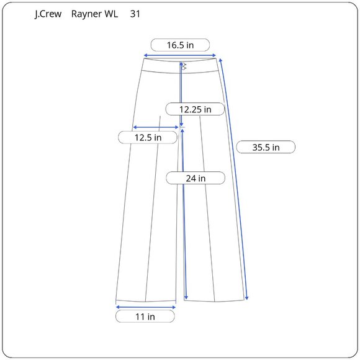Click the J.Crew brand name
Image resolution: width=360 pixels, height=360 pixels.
click(48, 14)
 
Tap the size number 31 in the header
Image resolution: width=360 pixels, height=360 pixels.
click(135, 14)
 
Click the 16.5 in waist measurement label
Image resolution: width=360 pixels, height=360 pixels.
click(180, 45)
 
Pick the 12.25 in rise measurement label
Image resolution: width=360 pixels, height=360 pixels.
click(195, 109)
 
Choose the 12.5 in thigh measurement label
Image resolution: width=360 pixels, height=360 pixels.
click(148, 138)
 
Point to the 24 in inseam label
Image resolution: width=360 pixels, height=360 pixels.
click(196, 178)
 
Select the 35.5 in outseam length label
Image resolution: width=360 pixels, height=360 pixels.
click(266, 147)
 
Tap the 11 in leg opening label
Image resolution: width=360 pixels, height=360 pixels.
click(145, 317)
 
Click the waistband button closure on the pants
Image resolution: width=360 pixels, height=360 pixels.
click(184, 66)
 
